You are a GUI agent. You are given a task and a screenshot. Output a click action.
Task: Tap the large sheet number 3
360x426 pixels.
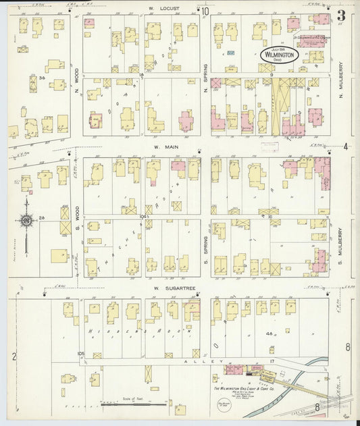point(342,16)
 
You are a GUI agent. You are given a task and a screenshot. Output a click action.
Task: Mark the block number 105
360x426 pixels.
point(82,353)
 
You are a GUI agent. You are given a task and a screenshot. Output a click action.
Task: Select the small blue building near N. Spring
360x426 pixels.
point(231,53)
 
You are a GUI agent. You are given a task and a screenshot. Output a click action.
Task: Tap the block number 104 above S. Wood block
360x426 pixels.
point(143,216)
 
